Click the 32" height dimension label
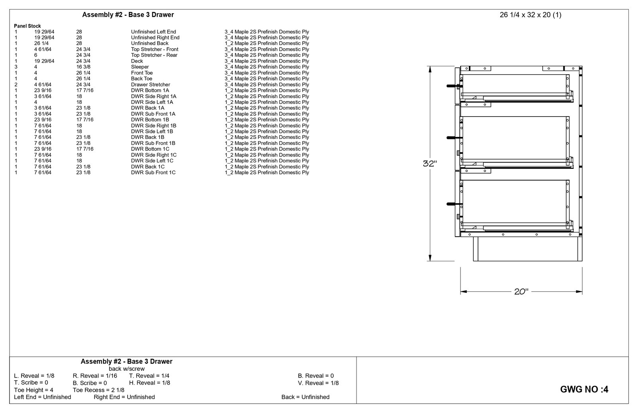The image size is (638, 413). coord(430,164)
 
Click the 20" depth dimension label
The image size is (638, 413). coord(521,292)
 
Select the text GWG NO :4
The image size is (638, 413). coord(584,389)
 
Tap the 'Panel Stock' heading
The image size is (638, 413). coord(27,26)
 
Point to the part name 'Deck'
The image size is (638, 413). coord(137,61)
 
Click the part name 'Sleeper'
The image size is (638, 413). coord(140,67)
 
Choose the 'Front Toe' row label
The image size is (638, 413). coord(142,73)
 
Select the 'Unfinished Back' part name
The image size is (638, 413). coord(150,43)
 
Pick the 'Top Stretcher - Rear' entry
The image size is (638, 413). coord(154,55)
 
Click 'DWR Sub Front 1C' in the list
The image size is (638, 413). coord(153,172)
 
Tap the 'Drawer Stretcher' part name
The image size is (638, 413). coord(150,85)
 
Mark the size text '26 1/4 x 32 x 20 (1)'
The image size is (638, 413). coord(530,15)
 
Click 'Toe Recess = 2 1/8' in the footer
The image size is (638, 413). coord(98,390)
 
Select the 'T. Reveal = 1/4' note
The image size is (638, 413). coord(149,375)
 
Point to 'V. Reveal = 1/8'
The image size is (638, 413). coord(318,383)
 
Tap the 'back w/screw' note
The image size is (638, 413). coord(126,369)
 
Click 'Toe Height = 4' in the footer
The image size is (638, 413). coord(33,390)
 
